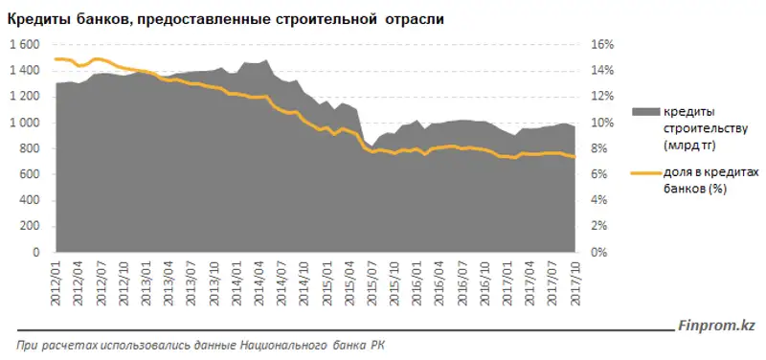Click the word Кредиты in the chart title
click(x=50, y=18)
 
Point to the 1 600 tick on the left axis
click(x=25, y=45)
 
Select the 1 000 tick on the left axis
click(x=25, y=123)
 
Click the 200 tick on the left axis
click(x=31, y=226)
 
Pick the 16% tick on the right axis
click(x=600, y=45)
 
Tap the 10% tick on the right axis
click(x=600, y=123)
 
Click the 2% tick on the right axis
click(x=597, y=226)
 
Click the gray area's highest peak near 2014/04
click(x=264, y=59)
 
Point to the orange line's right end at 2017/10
click(x=574, y=157)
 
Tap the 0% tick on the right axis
click(x=597, y=252)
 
